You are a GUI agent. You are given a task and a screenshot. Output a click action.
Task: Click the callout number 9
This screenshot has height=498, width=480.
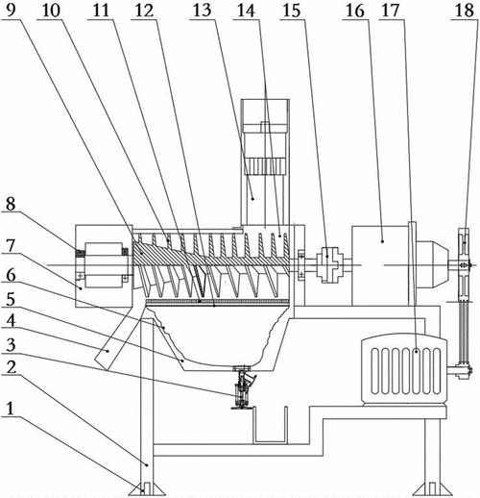[11, 10]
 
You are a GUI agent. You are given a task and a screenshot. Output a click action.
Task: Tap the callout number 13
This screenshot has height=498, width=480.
[203, 10]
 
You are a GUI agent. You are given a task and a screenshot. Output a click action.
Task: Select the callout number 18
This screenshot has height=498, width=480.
[465, 10]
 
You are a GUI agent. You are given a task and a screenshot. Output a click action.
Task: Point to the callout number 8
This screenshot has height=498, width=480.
[11, 204]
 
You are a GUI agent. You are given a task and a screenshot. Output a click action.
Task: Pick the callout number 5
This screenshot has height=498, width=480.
[11, 299]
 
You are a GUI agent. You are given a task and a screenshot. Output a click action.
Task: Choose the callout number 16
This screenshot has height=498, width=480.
[355, 10]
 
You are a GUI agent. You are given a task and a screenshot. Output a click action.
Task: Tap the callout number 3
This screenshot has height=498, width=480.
[11, 344]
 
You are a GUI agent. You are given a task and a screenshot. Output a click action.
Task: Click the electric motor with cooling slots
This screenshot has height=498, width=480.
[404, 368]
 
